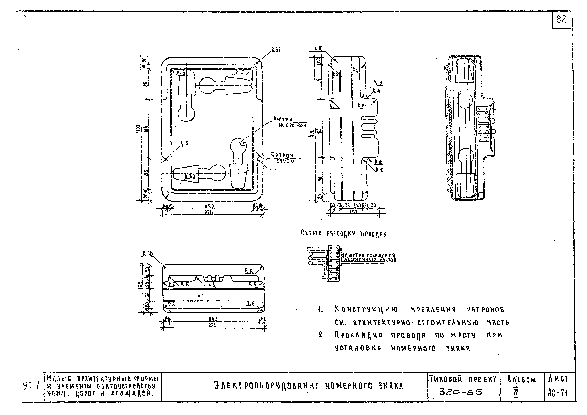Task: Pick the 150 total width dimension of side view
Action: click(353, 212)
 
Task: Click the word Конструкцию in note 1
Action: click(366, 310)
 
